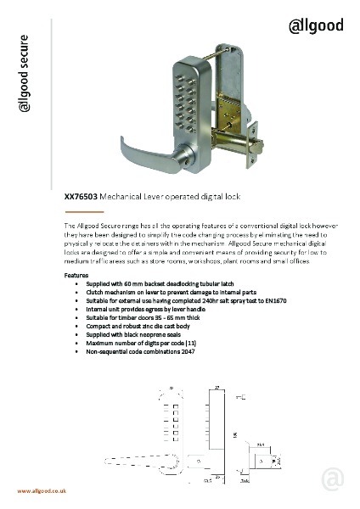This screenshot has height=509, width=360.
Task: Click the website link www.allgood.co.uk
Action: click(x=40, y=492)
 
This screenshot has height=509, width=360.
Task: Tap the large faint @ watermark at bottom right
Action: click(x=334, y=479)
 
